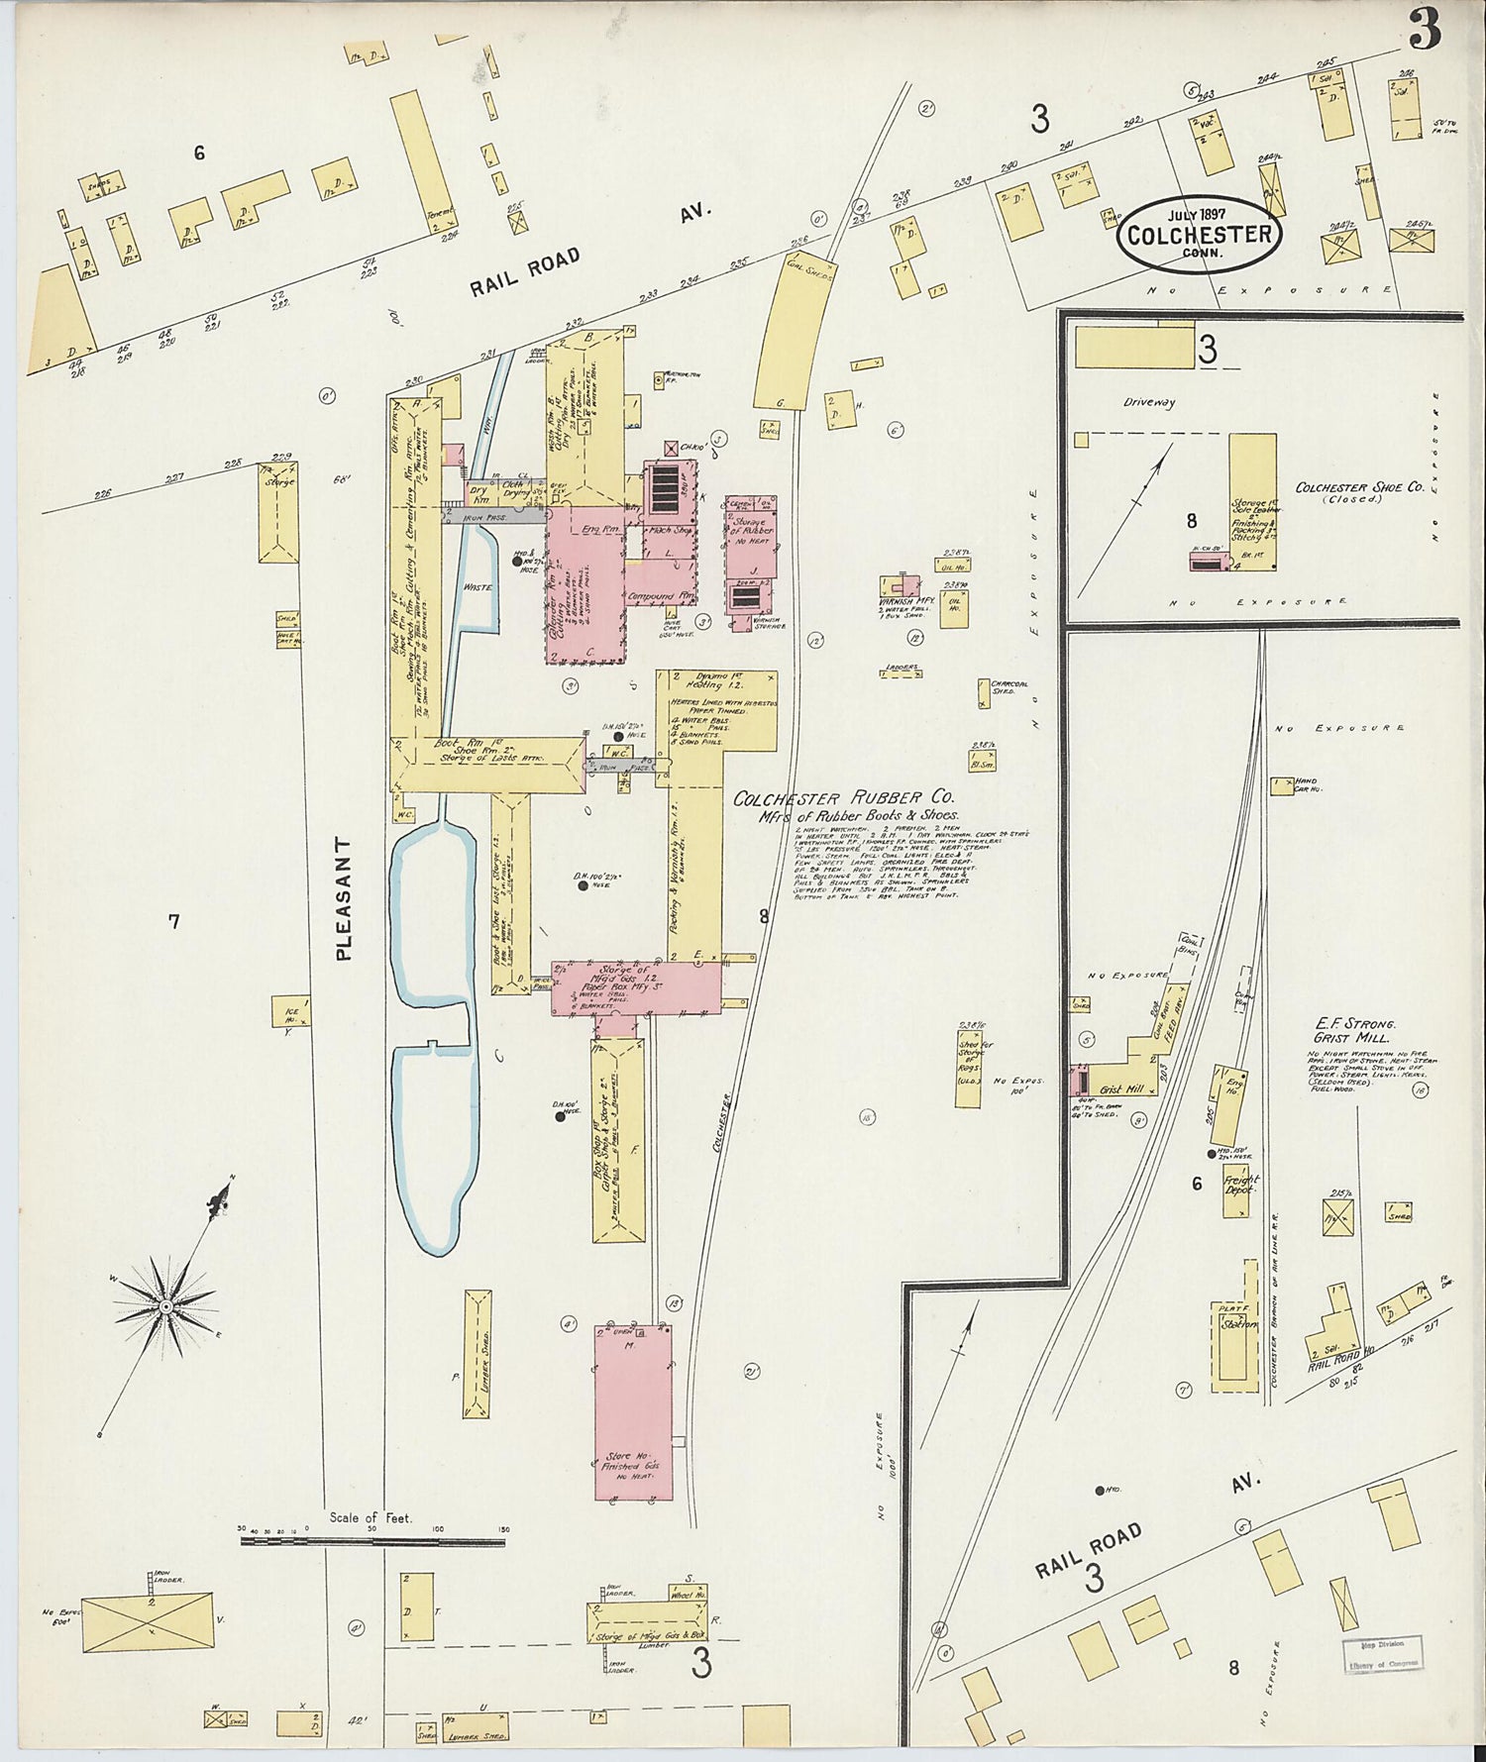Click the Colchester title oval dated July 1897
[x=1199, y=234]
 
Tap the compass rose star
[x=166, y=1307]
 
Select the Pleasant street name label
[x=344, y=899]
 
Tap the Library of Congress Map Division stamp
[x=1382, y=1653]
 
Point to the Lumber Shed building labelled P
[x=478, y=1354]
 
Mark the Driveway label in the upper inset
[x=1148, y=403]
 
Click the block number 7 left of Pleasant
[x=173, y=921]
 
